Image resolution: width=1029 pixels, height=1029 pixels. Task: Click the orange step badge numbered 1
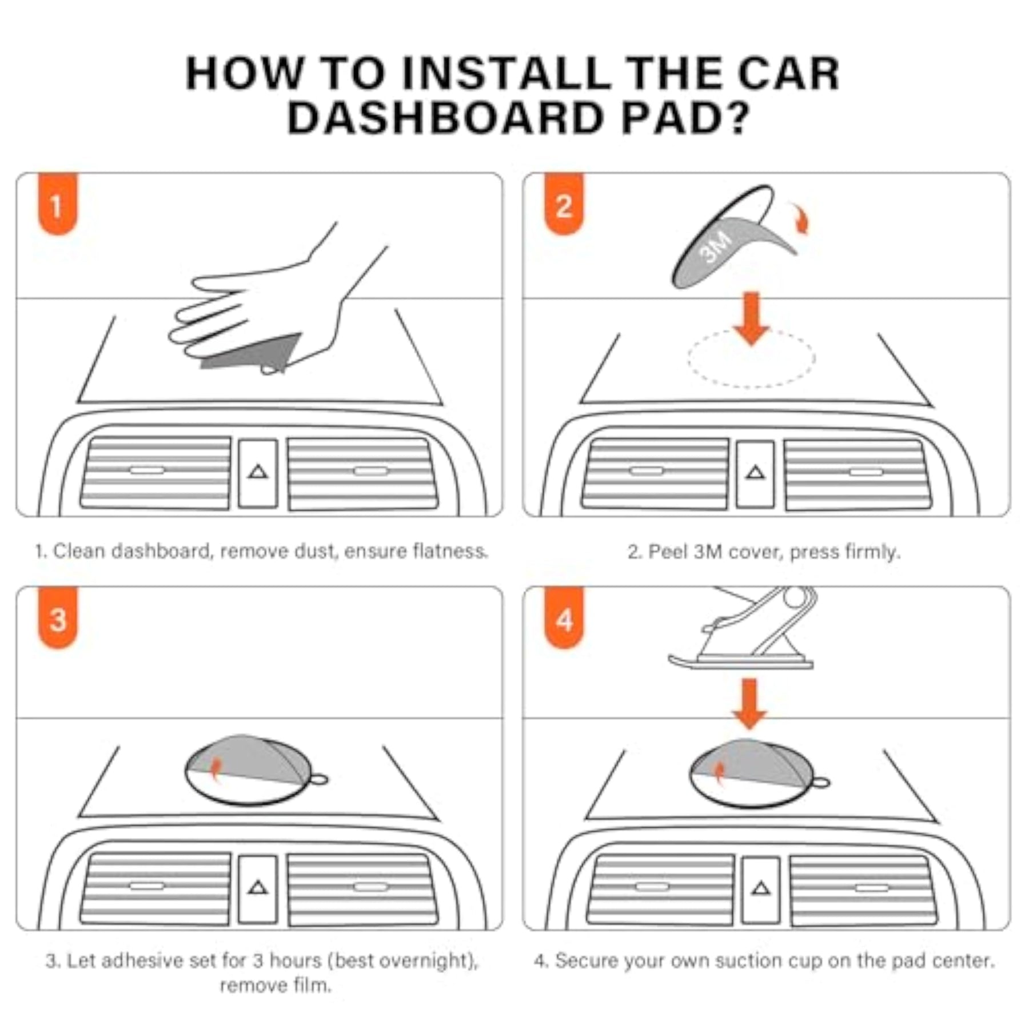[57, 204]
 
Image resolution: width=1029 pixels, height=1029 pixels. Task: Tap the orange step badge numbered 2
[564, 204]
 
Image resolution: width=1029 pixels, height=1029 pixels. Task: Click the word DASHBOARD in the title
[446, 118]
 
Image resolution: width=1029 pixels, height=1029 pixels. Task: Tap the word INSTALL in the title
[506, 73]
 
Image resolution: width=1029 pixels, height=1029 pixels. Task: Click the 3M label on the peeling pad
[715, 247]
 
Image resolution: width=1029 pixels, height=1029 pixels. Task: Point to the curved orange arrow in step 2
[800, 218]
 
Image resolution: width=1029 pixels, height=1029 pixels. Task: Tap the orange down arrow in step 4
[749, 704]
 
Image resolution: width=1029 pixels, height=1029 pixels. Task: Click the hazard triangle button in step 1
[258, 473]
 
